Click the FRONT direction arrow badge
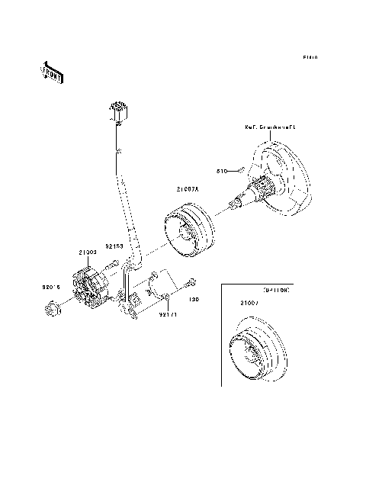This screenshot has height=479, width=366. pos(50,70)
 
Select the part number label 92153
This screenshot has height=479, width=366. pos(114,246)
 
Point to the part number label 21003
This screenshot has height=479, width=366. pos(86,250)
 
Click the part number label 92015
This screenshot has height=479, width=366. pos(51,288)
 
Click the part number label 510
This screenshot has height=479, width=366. pos(223,170)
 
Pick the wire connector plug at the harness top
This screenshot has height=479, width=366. pos(119,111)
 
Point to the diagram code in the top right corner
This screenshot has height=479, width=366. pos(309,56)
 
